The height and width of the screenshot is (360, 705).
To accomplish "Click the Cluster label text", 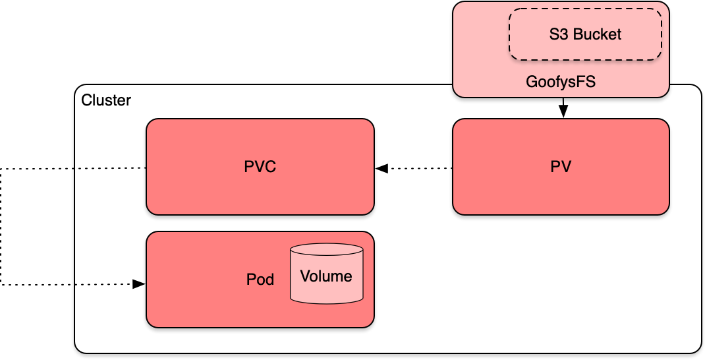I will pos(105,101).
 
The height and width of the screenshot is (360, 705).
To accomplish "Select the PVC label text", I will pos(260,167).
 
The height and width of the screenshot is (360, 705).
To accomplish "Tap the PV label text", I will pos(561,167).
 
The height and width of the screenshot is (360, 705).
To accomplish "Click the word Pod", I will pos(260,280).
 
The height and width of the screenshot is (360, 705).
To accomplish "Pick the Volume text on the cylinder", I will pos(326,276).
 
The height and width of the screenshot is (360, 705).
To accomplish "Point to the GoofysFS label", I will pos(561,82).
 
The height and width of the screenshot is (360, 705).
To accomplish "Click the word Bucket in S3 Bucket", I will pos(597,34).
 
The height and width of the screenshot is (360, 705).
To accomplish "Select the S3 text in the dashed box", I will pos(559,34).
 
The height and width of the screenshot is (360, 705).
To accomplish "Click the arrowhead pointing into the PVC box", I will pos(381,169).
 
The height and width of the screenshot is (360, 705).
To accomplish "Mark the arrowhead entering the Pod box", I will pos(139,284).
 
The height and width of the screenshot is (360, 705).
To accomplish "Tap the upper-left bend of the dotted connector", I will pos(1,169).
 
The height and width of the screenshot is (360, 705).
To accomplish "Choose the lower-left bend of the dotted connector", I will pos(1,284).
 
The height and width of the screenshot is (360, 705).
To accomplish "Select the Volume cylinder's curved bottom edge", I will pos(327,303).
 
